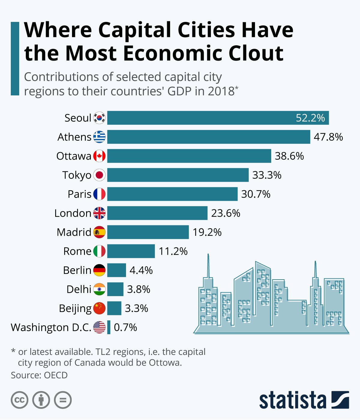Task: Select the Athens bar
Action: pyautogui.click(x=208, y=137)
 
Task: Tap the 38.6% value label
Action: pyautogui.click(x=289, y=156)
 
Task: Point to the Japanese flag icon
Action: pyautogui.click(x=99, y=175)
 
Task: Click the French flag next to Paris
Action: pyautogui.click(x=99, y=194)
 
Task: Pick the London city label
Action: pyautogui.click(x=73, y=213)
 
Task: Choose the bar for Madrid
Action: pyautogui.click(x=148, y=232)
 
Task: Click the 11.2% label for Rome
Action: pyautogui.click(x=173, y=251)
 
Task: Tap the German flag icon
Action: pyautogui.click(x=99, y=270)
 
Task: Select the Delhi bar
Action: pyautogui.click(x=115, y=289)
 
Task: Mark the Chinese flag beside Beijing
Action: pyautogui.click(x=99, y=308)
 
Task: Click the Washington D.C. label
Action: pyautogui.click(x=51, y=327)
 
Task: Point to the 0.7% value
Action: pyautogui.click(x=125, y=327)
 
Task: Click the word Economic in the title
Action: pyautogui.click(x=172, y=53)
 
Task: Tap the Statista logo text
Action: pyautogui.click(x=292, y=400)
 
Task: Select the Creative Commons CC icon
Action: pyautogui.click(x=19, y=400)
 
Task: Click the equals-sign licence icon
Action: pyautogui.click(x=63, y=400)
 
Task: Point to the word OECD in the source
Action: pyautogui.click(x=56, y=375)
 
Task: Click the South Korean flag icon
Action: pyautogui.click(x=99, y=118)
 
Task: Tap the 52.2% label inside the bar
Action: pyautogui.click(x=310, y=118)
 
